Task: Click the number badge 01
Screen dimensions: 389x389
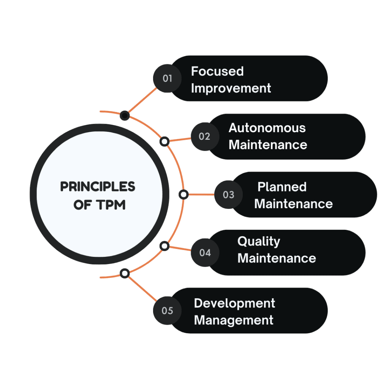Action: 167,78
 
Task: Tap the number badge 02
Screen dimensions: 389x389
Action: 205,136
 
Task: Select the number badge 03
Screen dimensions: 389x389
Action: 228,194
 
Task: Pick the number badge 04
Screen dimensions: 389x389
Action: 205,253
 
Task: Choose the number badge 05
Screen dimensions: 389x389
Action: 167,311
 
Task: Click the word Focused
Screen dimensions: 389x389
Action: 217,71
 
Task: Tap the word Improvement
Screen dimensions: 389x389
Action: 231,89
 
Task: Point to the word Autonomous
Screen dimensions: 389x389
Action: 267,128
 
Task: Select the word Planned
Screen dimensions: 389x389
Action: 282,187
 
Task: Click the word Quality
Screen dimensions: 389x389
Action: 259,241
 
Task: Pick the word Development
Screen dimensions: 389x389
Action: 234,304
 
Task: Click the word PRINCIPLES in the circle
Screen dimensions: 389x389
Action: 98,187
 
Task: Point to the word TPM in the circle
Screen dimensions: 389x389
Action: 111,205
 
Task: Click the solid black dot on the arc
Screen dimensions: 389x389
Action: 125,115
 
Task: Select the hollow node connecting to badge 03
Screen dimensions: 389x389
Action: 183,194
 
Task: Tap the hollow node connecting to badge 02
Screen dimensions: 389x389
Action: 164,141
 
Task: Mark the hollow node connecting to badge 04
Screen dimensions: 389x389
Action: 164,246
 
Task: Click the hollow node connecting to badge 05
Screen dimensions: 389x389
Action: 125,274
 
